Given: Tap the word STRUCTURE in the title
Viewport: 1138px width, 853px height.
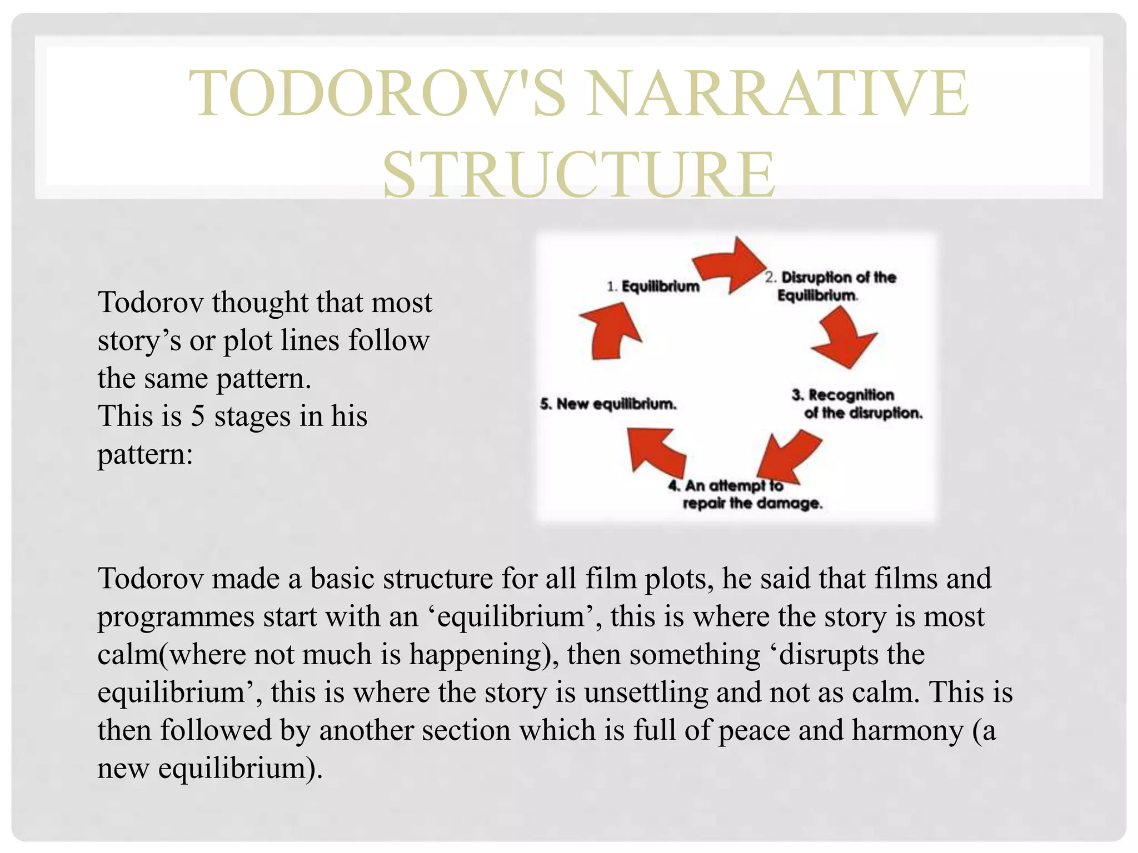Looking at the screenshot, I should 578,174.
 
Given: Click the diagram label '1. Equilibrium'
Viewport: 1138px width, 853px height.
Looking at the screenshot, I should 653,287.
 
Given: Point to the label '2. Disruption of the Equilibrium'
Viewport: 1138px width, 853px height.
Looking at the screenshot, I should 830,286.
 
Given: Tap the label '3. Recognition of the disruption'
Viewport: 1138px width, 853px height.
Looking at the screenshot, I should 856,404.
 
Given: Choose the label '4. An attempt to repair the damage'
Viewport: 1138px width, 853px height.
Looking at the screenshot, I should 745,494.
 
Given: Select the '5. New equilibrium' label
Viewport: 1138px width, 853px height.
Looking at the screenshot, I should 608,404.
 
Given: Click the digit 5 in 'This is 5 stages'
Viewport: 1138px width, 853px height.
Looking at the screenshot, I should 197,416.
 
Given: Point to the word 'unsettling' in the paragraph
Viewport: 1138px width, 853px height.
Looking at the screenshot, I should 646,692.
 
